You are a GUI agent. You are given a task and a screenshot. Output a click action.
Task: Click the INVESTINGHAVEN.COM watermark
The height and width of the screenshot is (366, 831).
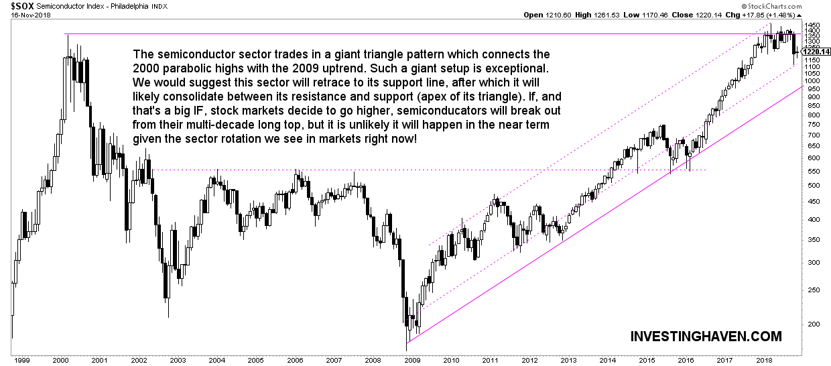706,336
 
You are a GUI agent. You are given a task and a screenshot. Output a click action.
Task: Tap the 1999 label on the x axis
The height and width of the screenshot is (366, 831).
21,360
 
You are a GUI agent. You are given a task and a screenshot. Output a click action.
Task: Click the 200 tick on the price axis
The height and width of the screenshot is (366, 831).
814,324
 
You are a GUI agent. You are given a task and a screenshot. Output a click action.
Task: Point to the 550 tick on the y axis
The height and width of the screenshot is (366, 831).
814,170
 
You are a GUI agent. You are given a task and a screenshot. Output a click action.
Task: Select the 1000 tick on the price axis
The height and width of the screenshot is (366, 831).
815,81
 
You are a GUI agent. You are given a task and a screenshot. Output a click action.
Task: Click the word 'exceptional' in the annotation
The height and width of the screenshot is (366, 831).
519,68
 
